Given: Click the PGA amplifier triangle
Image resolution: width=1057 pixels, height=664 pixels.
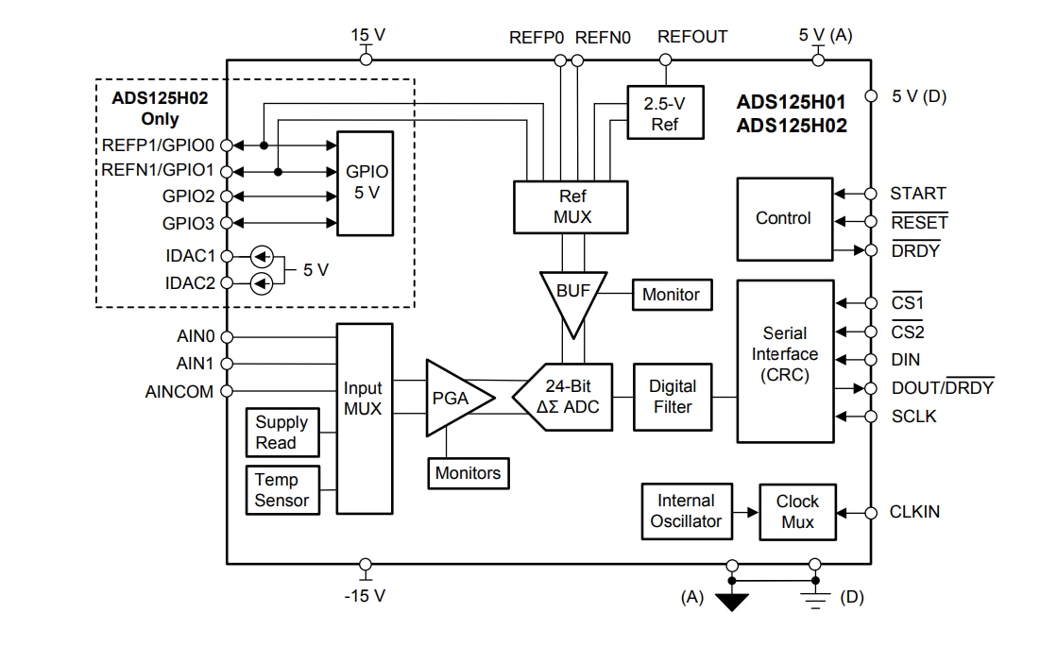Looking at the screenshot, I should tap(454, 398).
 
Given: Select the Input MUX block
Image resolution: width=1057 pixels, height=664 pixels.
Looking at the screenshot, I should tap(364, 418).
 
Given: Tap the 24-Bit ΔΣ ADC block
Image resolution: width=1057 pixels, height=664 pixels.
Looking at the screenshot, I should tap(563, 397).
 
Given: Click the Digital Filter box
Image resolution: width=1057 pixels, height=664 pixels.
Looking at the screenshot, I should tap(673, 397).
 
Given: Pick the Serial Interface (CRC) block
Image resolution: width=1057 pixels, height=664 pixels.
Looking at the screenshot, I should tap(785, 360).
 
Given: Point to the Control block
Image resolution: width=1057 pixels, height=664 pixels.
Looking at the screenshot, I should tap(784, 219).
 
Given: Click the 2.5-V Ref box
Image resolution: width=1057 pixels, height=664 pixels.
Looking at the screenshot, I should tap(665, 113).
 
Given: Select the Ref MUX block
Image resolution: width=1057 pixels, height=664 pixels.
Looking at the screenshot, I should tap(571, 207).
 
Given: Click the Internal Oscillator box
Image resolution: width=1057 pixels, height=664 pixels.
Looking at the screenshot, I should tap(686, 511).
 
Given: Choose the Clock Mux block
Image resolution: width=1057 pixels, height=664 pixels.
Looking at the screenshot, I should tap(797, 512).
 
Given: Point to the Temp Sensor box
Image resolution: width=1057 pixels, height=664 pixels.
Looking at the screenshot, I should tap(282, 490).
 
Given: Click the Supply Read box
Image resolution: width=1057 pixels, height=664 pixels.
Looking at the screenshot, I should tap(281, 433).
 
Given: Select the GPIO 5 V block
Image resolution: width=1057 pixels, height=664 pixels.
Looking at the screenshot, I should tap(367, 183).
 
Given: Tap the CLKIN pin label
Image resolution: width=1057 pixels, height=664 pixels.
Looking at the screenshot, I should tap(914, 512).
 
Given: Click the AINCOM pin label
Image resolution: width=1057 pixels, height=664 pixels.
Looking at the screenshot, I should tap(179, 391).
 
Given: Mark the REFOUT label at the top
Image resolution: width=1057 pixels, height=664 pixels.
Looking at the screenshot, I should tap(692, 38).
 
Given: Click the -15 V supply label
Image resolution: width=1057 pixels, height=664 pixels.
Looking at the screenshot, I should tap(365, 596).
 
